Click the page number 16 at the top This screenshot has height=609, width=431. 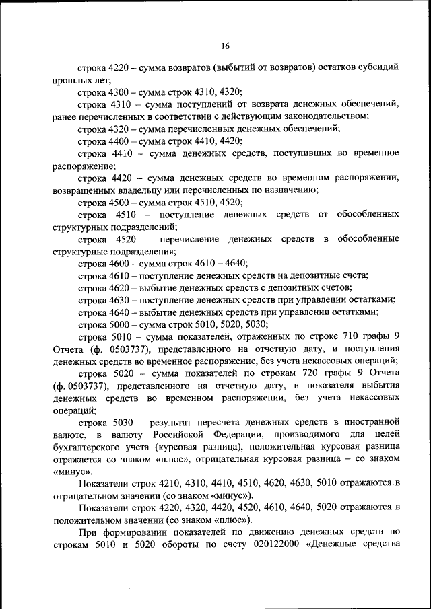click(x=225, y=46)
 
